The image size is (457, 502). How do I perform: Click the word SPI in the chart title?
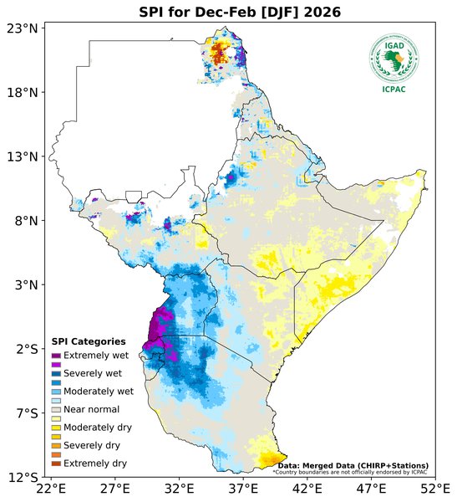click(x=152, y=11)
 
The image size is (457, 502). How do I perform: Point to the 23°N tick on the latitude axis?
click(x=22, y=28)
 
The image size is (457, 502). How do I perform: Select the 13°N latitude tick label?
click(x=22, y=156)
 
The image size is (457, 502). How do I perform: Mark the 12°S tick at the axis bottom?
click(x=22, y=477)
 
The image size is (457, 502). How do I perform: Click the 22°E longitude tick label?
click(x=51, y=489)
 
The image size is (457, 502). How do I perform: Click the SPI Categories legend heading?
click(x=89, y=341)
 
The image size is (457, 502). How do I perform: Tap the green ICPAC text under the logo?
click(x=393, y=90)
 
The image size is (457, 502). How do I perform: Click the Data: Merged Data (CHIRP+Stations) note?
click(x=353, y=465)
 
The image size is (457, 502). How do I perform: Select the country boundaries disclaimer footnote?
click(x=350, y=472)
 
